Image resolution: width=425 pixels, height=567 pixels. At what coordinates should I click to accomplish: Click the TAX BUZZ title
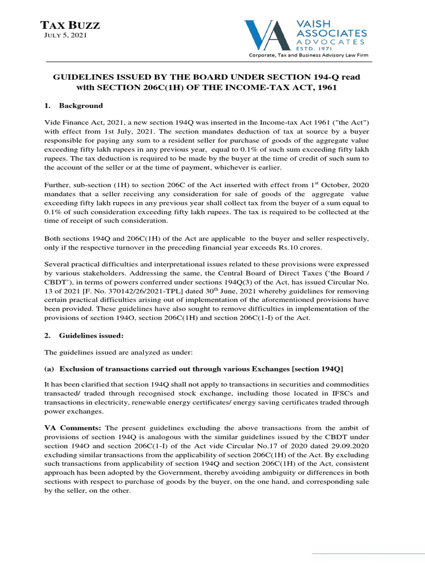click(x=70, y=25)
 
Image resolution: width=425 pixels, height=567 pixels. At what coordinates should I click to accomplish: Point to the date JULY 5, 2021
click(x=65, y=36)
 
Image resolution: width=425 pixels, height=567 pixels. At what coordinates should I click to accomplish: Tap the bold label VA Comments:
click(x=73, y=428)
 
